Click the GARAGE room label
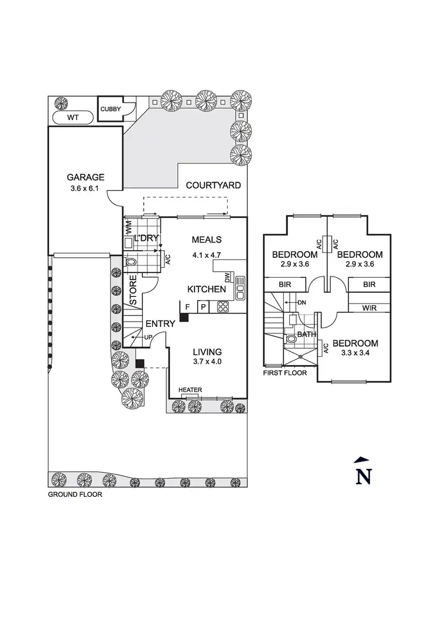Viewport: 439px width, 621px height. click(85, 177)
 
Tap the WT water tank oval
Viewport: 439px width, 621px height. click(73, 118)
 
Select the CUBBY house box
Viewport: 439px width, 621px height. click(111, 110)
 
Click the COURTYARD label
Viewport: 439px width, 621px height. click(214, 186)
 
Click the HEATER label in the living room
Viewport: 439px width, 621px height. click(190, 390)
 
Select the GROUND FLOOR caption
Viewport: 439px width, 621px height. click(75, 494)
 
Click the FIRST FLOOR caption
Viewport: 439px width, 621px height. click(284, 373)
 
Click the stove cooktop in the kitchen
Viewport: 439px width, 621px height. click(223, 306)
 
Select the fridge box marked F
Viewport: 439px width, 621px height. click(187, 306)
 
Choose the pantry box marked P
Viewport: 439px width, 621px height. click(203, 306)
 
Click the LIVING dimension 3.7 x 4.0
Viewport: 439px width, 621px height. click(207, 363)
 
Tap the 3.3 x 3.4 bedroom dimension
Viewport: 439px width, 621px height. click(356, 354)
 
